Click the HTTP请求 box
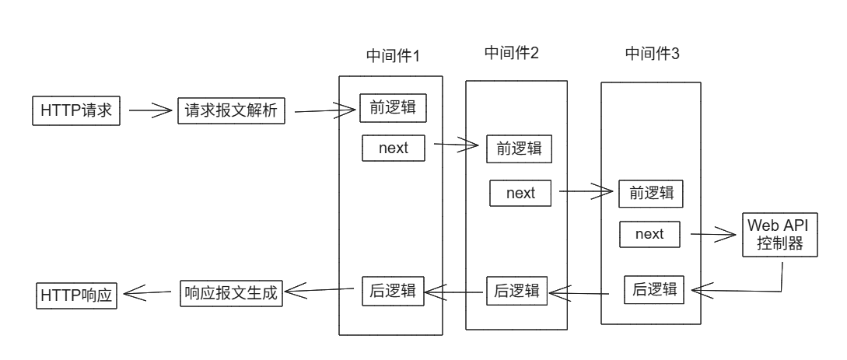point(76,110)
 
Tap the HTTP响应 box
point(76,295)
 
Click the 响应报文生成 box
point(231,292)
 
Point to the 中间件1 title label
point(393,56)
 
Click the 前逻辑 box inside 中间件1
point(394,108)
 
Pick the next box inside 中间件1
point(394,148)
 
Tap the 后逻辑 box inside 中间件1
point(394,292)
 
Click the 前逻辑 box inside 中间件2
point(519,149)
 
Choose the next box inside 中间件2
point(520,193)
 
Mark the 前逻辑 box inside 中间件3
point(650,194)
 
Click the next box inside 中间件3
point(649,233)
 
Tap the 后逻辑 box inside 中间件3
point(652,290)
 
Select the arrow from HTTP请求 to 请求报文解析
point(149,110)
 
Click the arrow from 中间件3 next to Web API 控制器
point(712,233)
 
